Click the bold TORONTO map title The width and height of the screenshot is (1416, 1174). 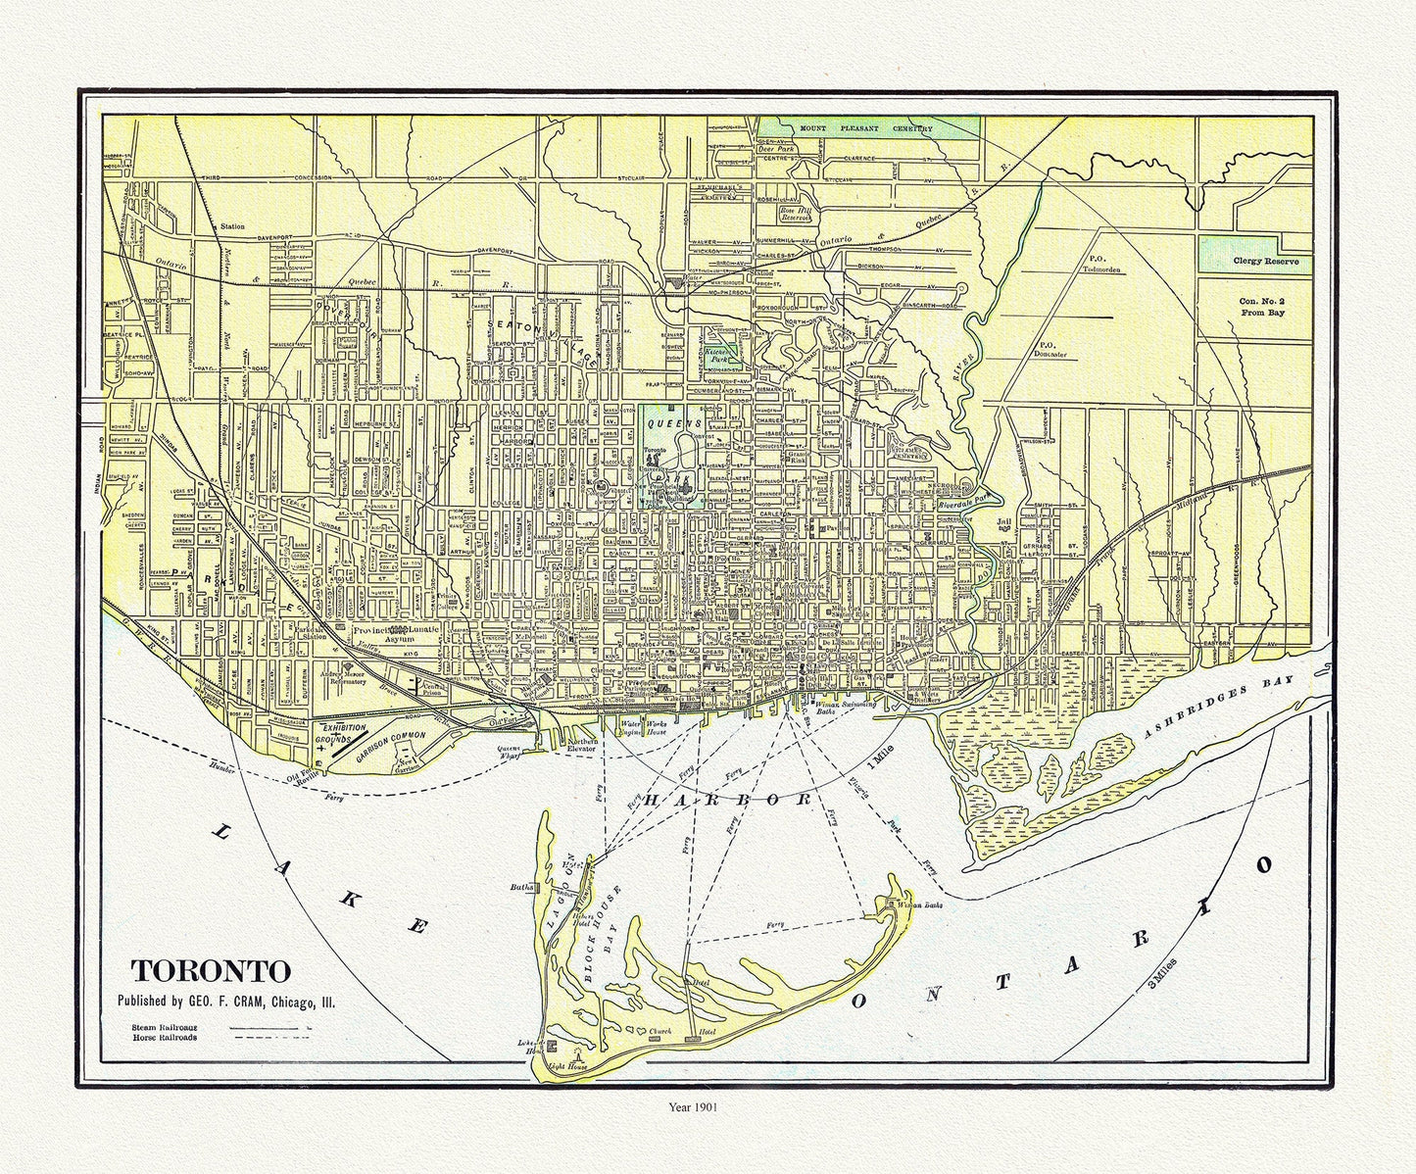(x=211, y=971)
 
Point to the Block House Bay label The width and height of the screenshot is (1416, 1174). (x=601, y=935)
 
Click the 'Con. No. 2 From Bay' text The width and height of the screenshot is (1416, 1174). (x=1261, y=306)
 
